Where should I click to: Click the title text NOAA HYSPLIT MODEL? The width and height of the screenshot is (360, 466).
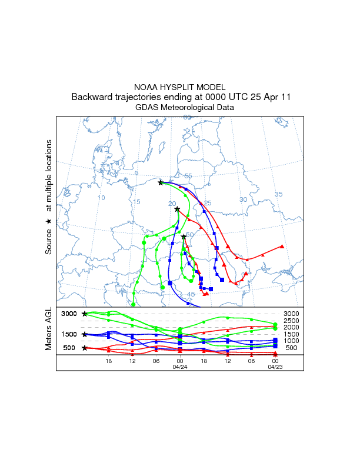(x=180, y=86)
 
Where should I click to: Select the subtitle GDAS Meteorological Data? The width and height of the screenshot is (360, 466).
(x=180, y=108)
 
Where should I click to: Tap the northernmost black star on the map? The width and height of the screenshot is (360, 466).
(x=161, y=182)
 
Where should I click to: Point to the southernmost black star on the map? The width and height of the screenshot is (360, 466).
(x=184, y=237)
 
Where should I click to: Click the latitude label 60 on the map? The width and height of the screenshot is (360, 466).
(x=187, y=118)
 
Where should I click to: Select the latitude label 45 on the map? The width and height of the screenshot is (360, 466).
(x=191, y=294)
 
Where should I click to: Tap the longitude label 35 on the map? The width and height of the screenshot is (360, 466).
(x=278, y=194)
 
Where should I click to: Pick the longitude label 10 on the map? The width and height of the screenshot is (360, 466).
(x=101, y=198)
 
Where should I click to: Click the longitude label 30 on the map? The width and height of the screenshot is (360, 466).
(x=242, y=200)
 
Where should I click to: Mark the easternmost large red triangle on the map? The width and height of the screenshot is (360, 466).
(x=282, y=247)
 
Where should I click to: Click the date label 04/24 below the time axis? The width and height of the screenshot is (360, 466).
(x=179, y=367)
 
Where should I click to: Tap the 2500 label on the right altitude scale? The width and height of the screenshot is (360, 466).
(x=291, y=321)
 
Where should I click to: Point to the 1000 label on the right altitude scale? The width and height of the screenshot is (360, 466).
(x=291, y=341)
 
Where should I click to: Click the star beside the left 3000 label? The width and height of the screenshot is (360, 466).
(x=84, y=314)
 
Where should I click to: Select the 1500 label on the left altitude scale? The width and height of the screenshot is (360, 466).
(x=70, y=334)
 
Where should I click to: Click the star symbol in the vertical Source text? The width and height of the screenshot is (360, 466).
(x=49, y=221)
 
